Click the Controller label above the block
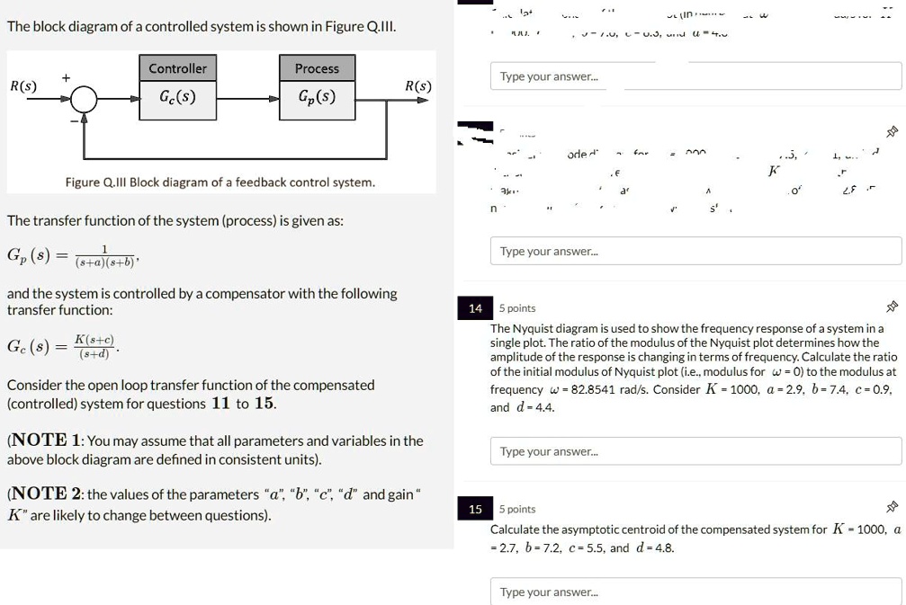click(177, 68)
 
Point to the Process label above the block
click(317, 68)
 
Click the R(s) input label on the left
click(23, 86)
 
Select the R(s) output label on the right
click(417, 86)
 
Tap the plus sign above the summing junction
click(66, 78)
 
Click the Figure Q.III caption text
click(220, 182)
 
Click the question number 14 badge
click(474, 308)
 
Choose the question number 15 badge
click(474, 509)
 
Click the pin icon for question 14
click(892, 308)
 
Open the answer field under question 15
click(695, 592)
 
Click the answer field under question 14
click(695, 451)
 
